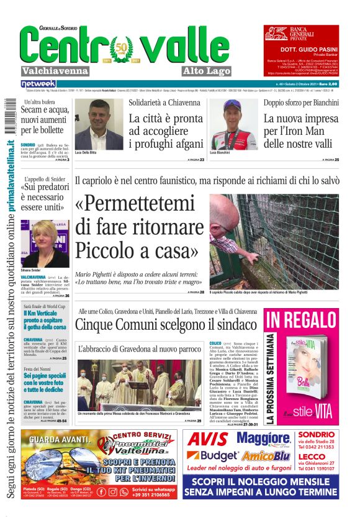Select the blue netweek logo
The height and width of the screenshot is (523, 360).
click(x=38, y=84)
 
